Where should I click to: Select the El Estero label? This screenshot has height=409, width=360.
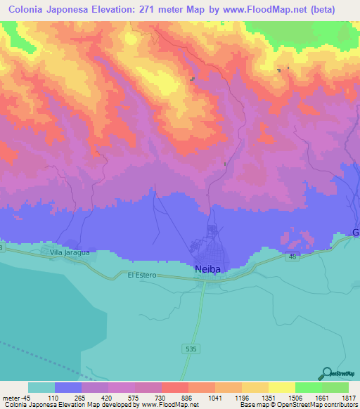click(x=141, y=275)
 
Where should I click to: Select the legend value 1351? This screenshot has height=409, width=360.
click(x=268, y=398)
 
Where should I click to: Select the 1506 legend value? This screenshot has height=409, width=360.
click(x=295, y=398)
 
